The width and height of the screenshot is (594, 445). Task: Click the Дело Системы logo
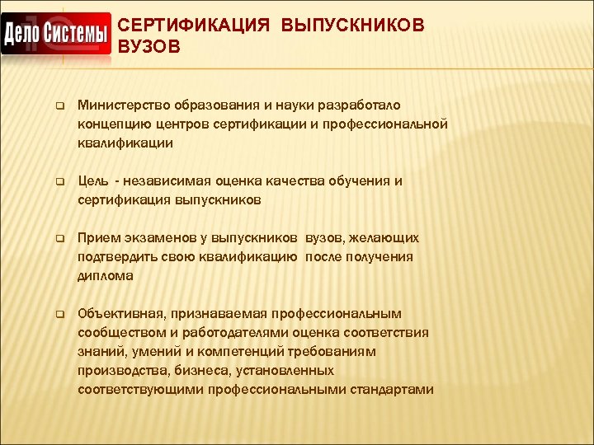tap(56, 35)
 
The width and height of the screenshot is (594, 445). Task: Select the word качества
tap(304, 180)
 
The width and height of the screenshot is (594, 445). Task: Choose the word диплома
tap(106, 275)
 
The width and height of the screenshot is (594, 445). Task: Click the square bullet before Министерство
tap(59, 105)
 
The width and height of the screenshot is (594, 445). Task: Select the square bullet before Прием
tap(59, 238)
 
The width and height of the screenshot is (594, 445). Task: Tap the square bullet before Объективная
tap(59, 314)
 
